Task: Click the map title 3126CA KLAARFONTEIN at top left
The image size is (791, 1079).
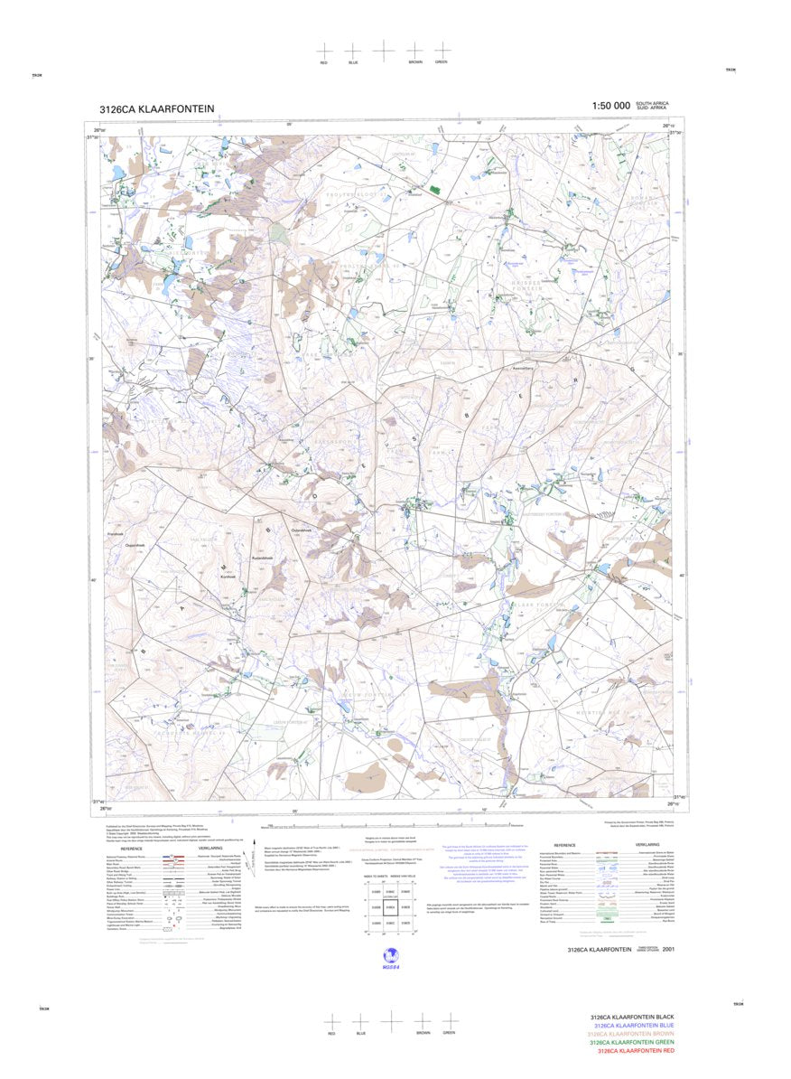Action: pyautogui.click(x=156, y=109)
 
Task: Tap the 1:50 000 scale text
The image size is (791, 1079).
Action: pyautogui.click(x=610, y=107)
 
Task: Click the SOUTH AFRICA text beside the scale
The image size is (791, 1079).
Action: pyautogui.click(x=653, y=103)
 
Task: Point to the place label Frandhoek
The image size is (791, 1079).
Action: pyautogui.click(x=116, y=534)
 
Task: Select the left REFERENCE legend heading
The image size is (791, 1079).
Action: pyautogui.click(x=132, y=849)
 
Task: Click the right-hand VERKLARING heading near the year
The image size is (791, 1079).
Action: pyautogui.click(x=647, y=844)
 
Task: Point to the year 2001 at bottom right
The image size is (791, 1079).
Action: pyautogui.click(x=667, y=949)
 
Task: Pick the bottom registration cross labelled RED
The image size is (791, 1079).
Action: pyautogui.click(x=331, y=1021)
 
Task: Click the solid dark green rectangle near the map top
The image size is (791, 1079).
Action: pyautogui.click(x=437, y=190)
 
